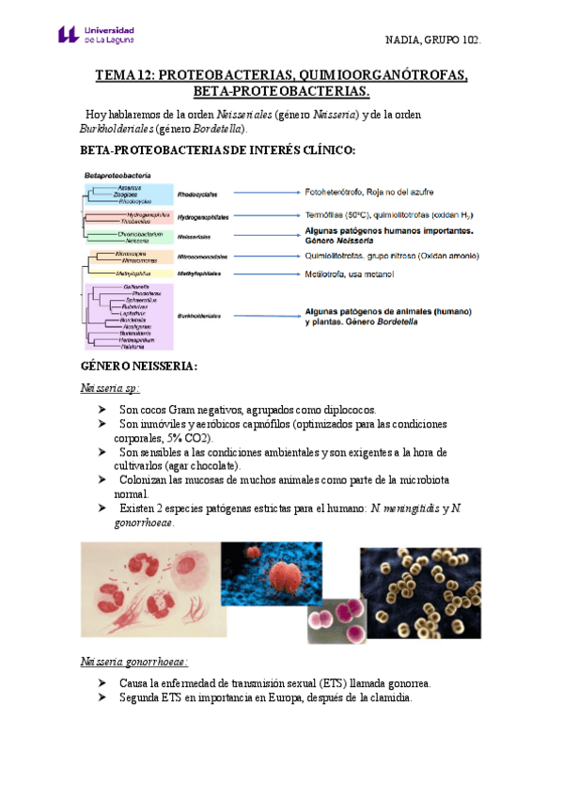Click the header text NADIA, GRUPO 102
tap(433, 40)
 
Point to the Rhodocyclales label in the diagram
tap(197, 195)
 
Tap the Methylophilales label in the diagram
tap(199, 273)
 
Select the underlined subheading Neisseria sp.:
tap(110, 388)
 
